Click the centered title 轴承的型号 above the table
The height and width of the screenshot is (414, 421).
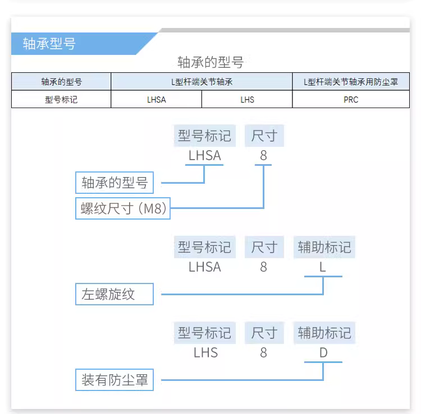tap(210, 62)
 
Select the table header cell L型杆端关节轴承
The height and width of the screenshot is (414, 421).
tap(202, 82)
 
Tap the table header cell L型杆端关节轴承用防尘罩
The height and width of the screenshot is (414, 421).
tap(351, 82)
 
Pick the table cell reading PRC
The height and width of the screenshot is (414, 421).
tap(351, 99)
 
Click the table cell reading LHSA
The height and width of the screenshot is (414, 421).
tap(156, 99)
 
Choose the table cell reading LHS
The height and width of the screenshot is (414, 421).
tap(247, 99)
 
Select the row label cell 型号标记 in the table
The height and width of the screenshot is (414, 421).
tap(61, 99)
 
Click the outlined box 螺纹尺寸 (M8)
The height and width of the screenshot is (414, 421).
tap(123, 208)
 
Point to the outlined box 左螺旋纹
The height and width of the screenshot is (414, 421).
tap(115, 294)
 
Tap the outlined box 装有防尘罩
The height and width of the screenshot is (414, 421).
tap(115, 380)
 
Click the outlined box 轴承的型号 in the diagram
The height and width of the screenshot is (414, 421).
tap(115, 183)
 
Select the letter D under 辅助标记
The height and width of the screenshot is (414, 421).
tap(323, 352)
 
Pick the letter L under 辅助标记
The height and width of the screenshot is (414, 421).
tap(322, 267)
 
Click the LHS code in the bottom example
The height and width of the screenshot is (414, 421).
tap(205, 352)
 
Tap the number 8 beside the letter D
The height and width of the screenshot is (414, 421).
tap(263, 352)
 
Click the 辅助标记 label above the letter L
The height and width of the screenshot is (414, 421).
tap(324, 247)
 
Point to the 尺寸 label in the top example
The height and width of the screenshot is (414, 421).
tap(264, 136)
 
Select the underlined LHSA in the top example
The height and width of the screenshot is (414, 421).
tap(204, 155)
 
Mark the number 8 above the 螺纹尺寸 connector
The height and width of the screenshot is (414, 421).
tap(263, 155)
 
